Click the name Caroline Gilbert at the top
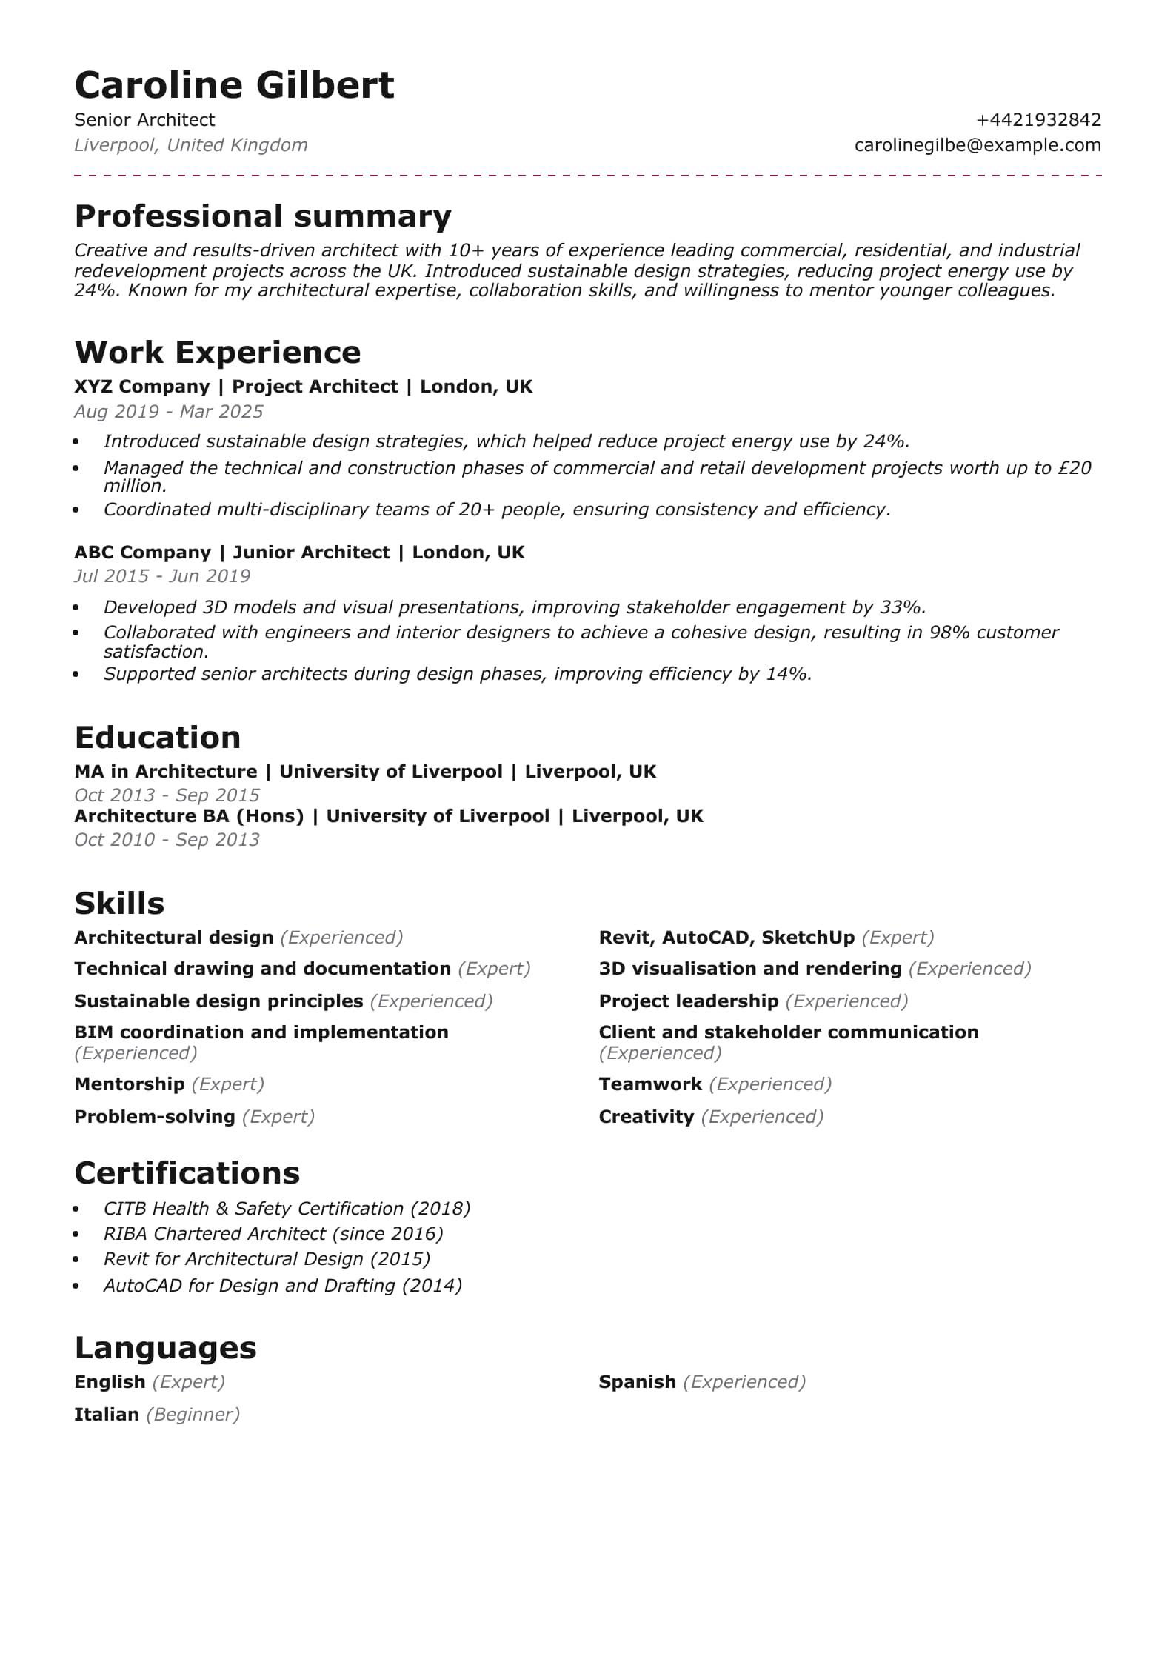[234, 84]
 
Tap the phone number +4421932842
[1038, 120]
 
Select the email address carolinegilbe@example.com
[978, 145]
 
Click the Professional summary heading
[263, 216]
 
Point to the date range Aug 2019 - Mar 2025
[169, 412]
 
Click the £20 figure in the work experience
[1075, 468]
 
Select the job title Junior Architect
[311, 553]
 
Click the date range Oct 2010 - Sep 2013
[167, 840]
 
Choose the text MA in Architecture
[165, 772]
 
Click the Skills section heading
[119, 904]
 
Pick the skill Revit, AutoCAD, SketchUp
[726, 938]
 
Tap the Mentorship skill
[130, 1084]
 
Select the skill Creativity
[646, 1117]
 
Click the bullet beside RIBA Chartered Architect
[76, 1235]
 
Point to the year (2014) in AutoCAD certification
[432, 1286]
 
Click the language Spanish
[637, 1382]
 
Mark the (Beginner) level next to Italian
[193, 1415]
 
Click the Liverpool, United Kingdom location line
[191, 145]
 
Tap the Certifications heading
[187, 1173]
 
